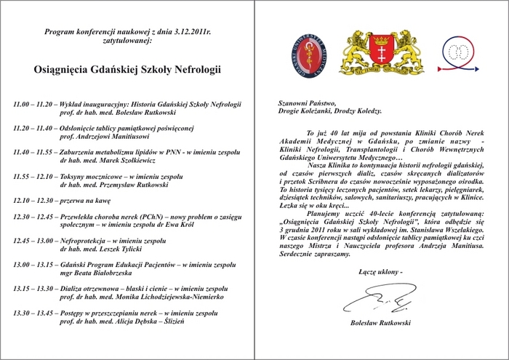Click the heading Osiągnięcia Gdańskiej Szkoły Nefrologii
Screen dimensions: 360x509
[x=127, y=71]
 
